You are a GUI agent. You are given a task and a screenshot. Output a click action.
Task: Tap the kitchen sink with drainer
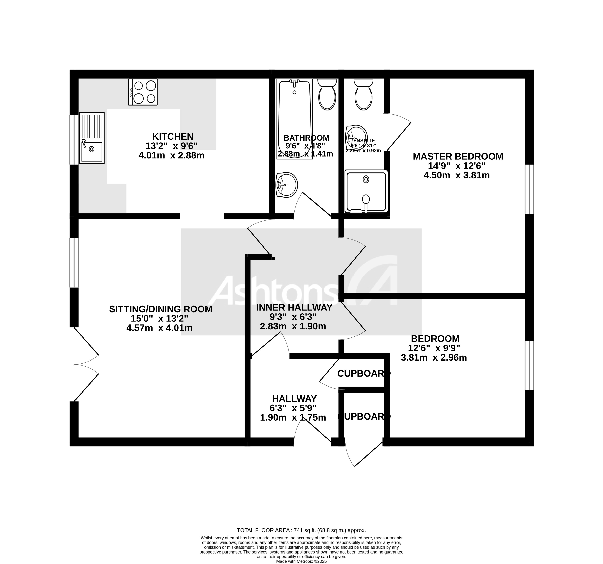click(x=92, y=138)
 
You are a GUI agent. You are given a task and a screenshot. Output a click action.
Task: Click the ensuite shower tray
click(x=366, y=191)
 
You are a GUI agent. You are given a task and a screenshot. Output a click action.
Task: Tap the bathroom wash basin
click(x=287, y=184)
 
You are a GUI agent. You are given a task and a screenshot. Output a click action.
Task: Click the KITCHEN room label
click(x=173, y=137)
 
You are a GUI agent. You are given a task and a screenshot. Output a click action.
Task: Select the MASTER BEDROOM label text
click(x=458, y=157)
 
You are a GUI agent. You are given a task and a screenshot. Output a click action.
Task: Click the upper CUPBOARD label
click(x=363, y=373)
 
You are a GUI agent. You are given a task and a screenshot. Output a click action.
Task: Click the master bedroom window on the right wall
click(x=529, y=189)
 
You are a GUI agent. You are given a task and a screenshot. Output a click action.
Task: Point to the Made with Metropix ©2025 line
click(x=301, y=561)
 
